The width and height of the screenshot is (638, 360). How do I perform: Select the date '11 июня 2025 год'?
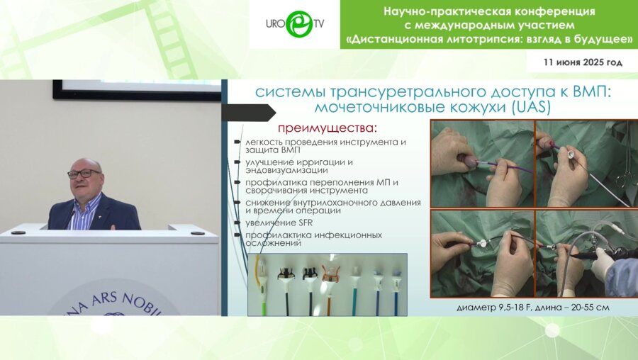click(583, 62)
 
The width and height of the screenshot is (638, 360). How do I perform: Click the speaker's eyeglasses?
click(84, 173)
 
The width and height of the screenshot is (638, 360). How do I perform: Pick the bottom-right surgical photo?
click(586, 253)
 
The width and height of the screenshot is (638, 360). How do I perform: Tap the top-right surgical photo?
click(586, 162)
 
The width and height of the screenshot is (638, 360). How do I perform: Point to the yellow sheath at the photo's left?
click(260, 283)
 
